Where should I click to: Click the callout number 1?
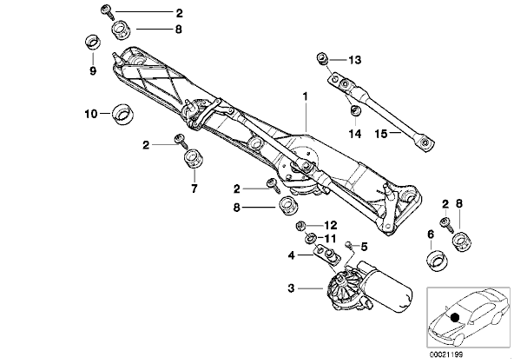(306, 96)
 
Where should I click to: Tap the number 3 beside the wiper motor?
(291, 288)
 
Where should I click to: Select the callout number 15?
(381, 134)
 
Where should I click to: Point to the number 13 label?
(354, 60)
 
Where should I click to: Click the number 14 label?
(355, 134)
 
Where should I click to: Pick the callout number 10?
(91, 114)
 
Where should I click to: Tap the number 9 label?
(93, 70)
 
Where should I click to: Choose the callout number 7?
(194, 189)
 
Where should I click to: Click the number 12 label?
(331, 225)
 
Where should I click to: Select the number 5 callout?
(364, 247)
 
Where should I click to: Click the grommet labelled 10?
(123, 114)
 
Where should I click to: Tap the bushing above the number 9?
(93, 42)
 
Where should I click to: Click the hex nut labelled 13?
(322, 59)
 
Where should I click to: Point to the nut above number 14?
(355, 110)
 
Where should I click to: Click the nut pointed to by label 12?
(300, 226)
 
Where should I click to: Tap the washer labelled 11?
(310, 238)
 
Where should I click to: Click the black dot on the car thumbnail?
(455, 317)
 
